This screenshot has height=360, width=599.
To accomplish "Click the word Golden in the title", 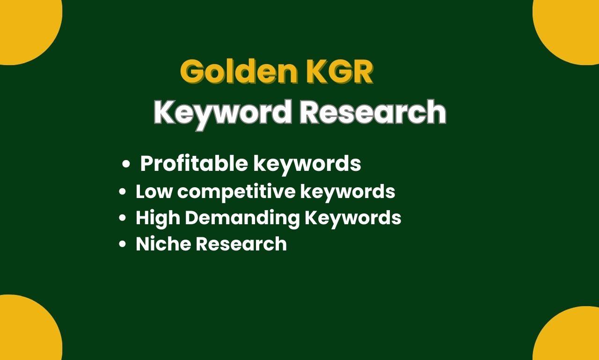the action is click(239, 72).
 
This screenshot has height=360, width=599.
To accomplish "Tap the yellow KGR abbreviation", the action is click(340, 72).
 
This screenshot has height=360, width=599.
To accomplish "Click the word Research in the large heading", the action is click(373, 111).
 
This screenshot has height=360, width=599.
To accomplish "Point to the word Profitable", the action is click(194, 163).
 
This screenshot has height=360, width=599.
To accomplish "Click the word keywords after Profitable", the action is click(307, 164).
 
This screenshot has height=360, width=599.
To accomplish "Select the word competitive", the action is click(236, 192).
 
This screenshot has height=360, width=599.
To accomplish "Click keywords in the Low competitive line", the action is click(348, 192).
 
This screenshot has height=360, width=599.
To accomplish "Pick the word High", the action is click(158, 218).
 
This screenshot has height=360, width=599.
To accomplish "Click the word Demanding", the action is click(242, 218).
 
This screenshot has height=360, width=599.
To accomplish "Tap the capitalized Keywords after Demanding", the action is click(353, 218).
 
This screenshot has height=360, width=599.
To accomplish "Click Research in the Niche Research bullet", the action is click(241, 243).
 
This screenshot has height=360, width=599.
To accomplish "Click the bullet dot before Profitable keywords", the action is click(126, 164).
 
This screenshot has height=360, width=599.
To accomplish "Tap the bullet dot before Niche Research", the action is click(122, 244).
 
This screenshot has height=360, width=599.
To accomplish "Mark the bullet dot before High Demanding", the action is click(122, 218).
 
